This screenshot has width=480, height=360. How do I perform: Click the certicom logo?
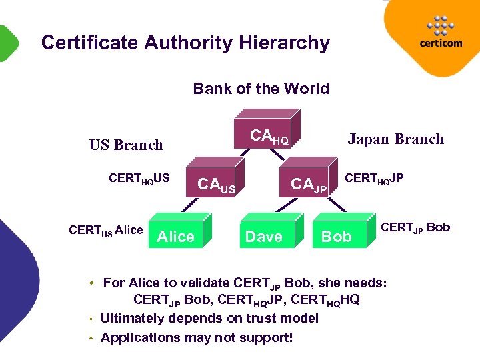coord(440,33)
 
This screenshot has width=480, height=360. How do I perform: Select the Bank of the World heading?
coord(261,89)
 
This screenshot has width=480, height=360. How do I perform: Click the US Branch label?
coord(126,145)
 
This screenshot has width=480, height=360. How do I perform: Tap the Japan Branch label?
coord(395,139)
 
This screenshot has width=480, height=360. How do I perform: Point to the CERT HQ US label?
coord(139,178)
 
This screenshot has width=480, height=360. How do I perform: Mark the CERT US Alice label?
coord(106,231)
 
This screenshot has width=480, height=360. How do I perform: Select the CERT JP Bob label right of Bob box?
coord(415,227)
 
